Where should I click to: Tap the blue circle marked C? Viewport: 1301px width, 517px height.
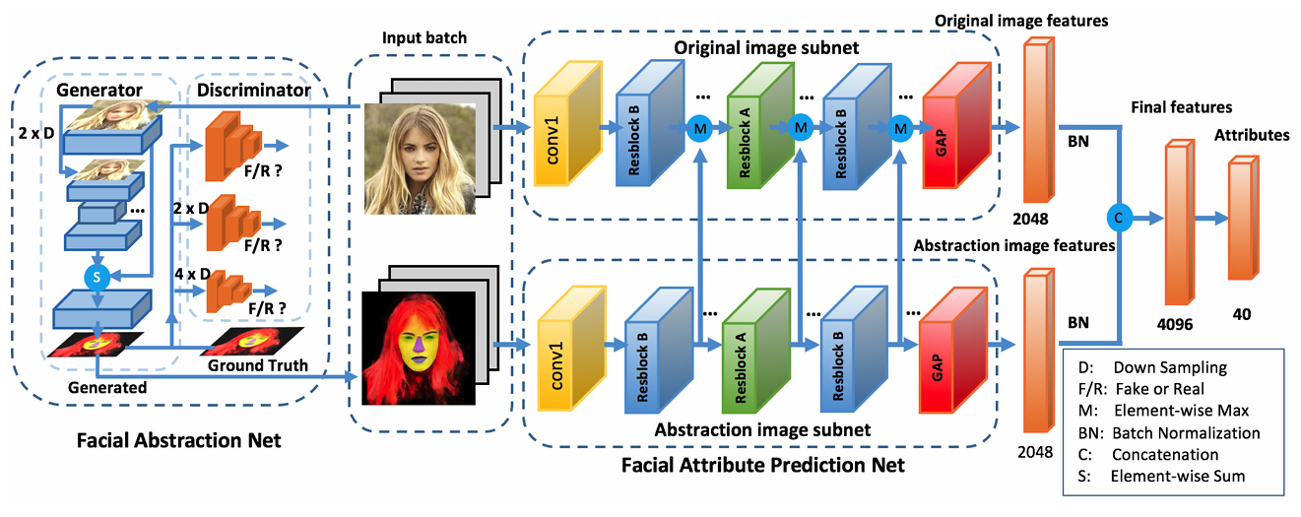point(1117,216)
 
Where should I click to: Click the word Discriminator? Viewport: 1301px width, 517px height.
point(254,91)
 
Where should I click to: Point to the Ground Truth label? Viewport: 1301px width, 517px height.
point(258,365)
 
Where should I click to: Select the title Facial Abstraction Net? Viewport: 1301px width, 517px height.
point(178,440)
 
